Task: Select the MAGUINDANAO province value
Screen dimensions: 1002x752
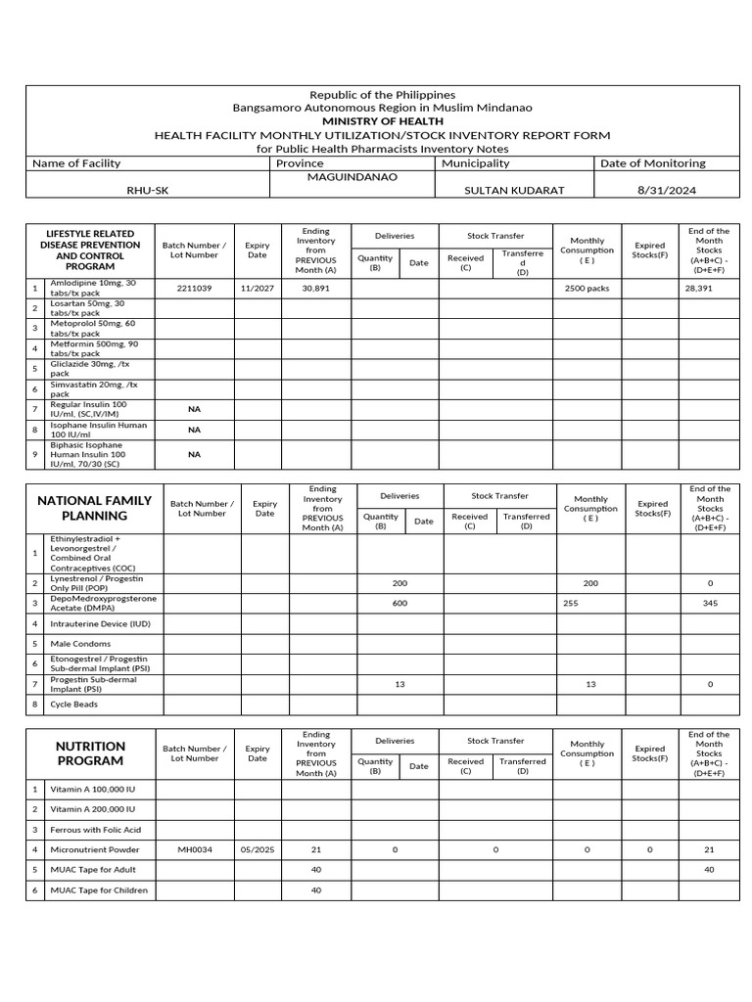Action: pos(353,177)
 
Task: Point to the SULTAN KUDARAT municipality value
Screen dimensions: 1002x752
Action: pos(514,190)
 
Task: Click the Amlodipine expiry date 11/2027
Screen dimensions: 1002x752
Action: pos(258,289)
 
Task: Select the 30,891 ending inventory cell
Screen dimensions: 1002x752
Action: pos(316,289)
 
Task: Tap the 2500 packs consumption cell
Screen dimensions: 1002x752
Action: pos(587,289)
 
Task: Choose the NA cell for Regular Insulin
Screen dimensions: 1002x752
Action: pos(194,409)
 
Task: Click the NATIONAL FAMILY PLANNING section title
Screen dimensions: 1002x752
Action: pos(95,508)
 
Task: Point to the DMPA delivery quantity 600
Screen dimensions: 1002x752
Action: pos(399,603)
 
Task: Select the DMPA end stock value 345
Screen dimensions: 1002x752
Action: pos(710,603)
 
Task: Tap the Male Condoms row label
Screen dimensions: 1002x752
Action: pos(78,644)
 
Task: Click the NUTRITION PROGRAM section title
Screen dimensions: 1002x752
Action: pos(90,753)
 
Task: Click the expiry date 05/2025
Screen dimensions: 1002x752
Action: pos(258,849)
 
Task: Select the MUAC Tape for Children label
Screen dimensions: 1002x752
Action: pos(99,889)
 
